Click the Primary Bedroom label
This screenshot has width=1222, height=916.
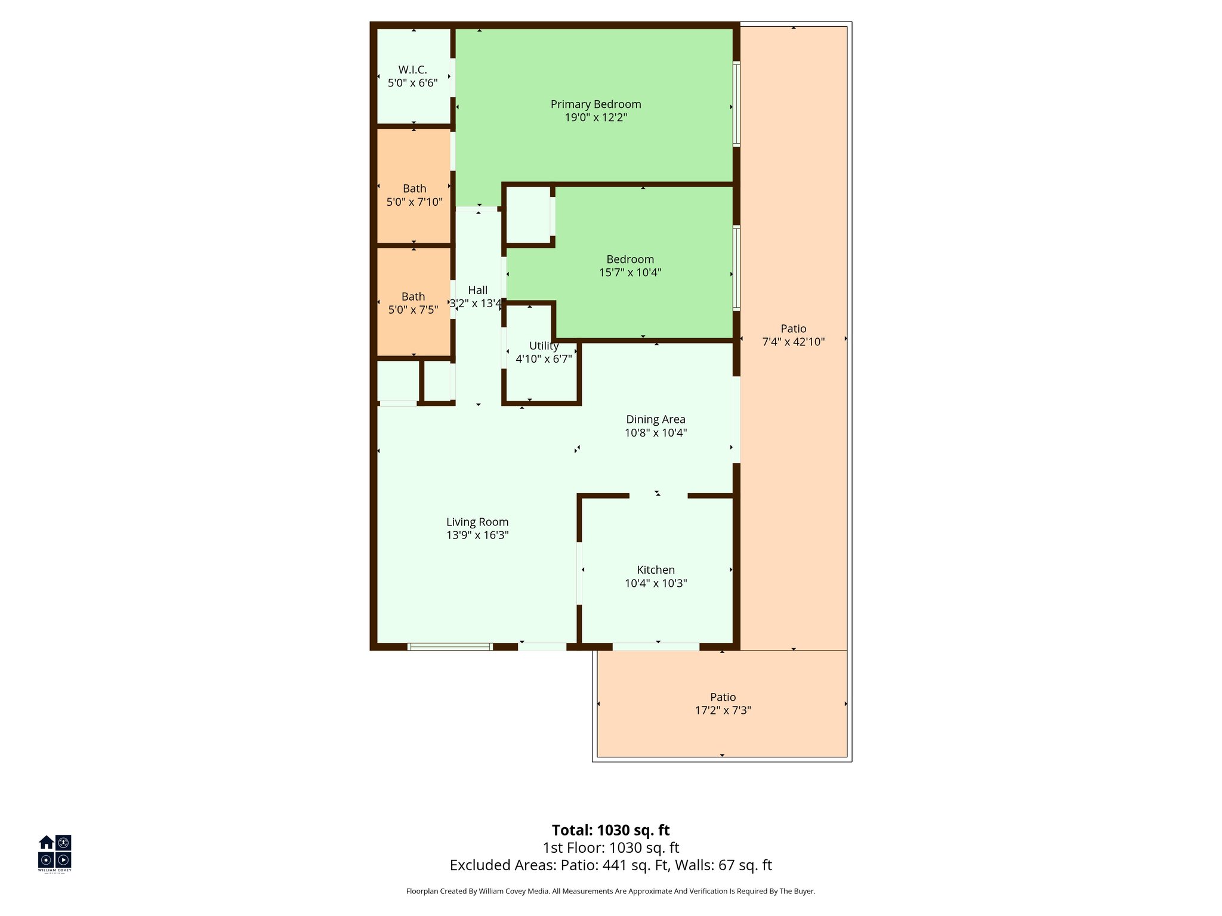point(595,104)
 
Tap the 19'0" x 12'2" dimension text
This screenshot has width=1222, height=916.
point(595,117)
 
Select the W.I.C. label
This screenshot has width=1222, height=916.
point(412,70)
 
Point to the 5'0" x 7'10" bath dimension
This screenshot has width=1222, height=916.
point(414,202)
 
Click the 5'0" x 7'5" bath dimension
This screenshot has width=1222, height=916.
point(413,310)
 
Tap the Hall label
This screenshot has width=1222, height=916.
point(477,290)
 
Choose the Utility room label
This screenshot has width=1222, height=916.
point(544,346)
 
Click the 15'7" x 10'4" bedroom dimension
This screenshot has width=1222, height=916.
point(630,273)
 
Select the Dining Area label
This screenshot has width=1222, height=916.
point(655,420)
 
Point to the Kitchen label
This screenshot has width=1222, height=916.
point(655,570)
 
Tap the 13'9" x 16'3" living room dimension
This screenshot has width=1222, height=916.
point(477,535)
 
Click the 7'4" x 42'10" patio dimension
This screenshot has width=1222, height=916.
point(793,342)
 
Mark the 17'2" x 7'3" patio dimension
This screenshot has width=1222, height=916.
point(723,710)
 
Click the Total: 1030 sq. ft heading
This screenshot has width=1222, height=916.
point(610,830)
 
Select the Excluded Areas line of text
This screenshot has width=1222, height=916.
point(610,865)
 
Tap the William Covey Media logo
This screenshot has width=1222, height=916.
point(55,853)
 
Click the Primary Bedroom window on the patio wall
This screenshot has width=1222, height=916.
point(736,104)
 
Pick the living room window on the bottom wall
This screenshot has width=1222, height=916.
point(450,646)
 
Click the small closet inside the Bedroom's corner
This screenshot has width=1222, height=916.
point(528,215)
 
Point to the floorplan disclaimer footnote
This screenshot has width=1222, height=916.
point(610,892)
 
